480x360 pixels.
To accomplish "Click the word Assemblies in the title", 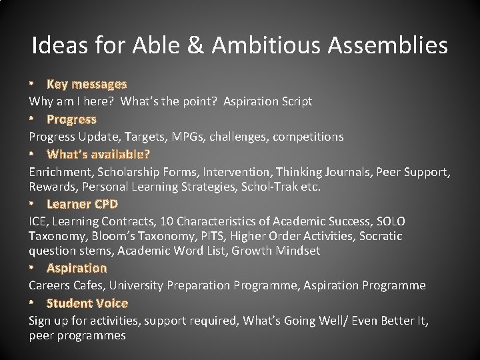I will pos(387,45).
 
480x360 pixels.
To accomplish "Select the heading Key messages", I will pos(86,84).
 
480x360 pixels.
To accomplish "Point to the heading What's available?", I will pos(98,154).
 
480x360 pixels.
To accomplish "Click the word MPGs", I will pos(189,137).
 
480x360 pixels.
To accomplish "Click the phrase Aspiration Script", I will pos(267,101).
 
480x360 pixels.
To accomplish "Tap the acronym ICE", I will pos(37,221).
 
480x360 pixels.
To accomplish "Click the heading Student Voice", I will pos(87,303).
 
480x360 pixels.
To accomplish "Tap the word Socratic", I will pos(381,236).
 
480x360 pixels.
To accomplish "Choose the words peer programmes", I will pos(77,335).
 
